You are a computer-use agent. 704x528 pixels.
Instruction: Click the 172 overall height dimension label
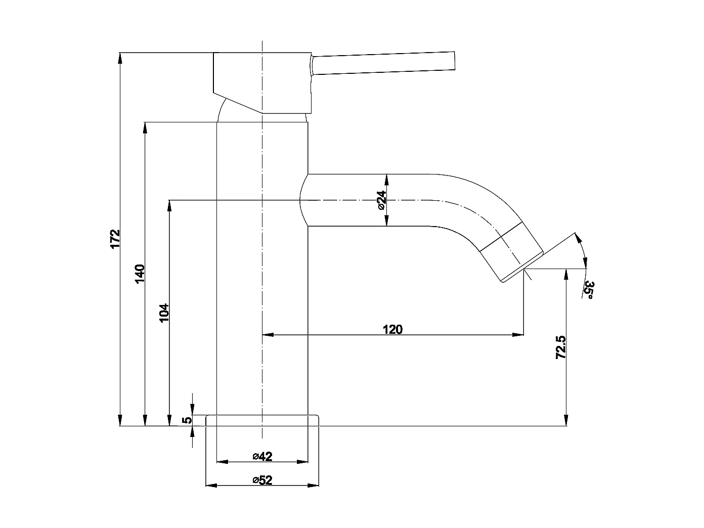[115, 238]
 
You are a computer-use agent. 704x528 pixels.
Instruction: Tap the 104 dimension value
[164, 313]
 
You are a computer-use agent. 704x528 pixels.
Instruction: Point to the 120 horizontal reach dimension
[392, 330]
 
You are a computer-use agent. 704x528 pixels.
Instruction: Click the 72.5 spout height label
[560, 347]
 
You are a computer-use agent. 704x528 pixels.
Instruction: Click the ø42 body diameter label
[262, 457]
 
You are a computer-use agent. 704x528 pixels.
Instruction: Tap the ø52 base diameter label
[262, 480]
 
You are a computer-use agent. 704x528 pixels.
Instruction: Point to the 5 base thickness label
[187, 420]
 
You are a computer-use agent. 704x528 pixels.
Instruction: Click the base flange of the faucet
[262, 420]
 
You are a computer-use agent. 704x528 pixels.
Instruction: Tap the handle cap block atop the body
[262, 81]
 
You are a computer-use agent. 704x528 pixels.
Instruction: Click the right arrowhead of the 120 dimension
[519, 335]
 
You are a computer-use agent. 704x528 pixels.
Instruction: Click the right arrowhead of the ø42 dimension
[303, 462]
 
